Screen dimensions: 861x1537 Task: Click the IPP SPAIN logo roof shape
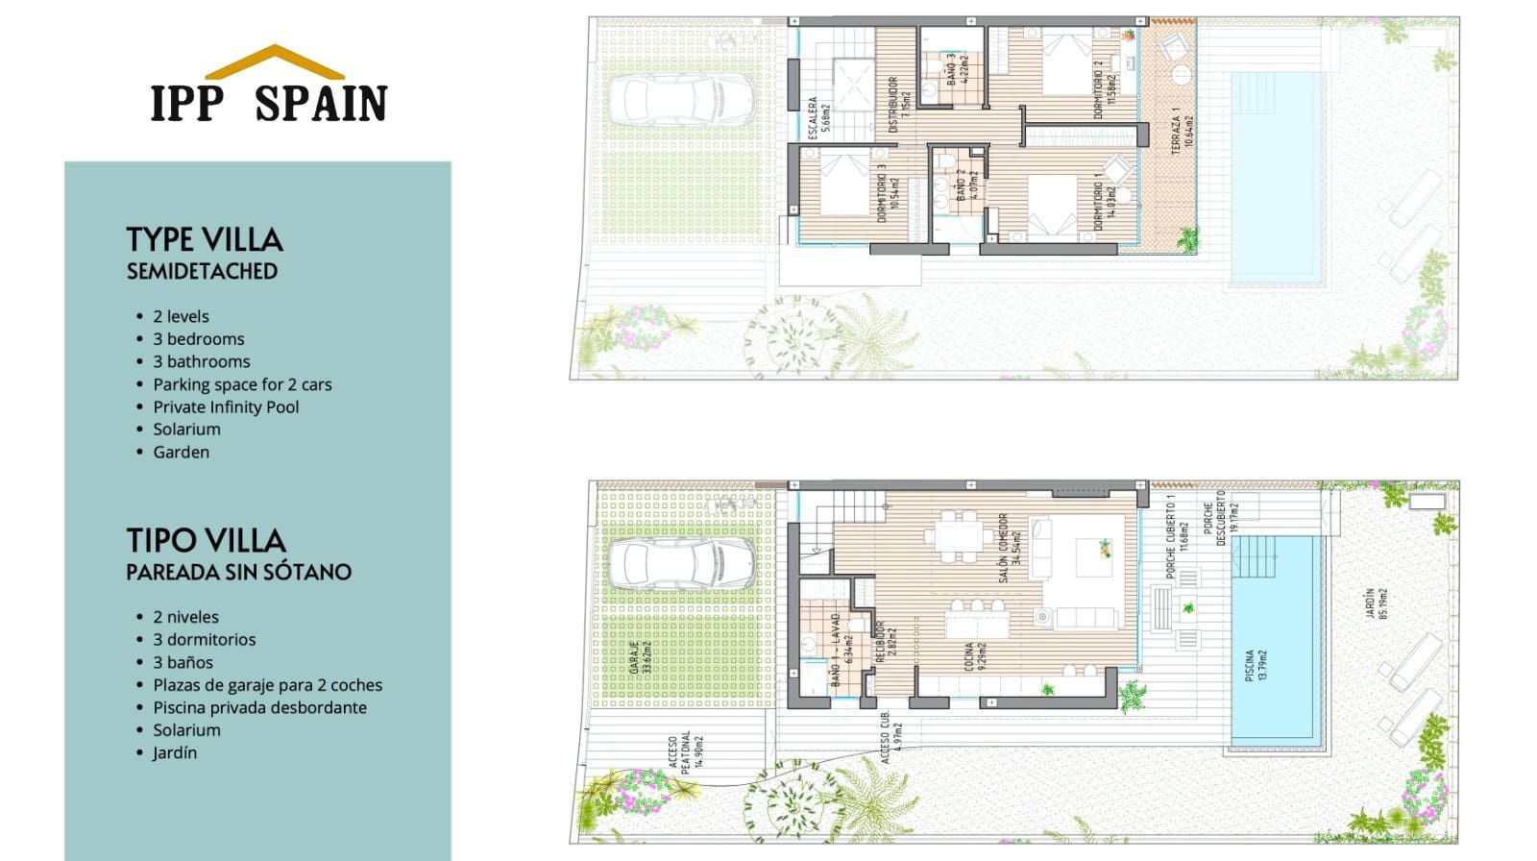[275, 61]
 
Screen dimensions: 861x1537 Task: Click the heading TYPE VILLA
[205, 239]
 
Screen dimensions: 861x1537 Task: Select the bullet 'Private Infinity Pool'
[226, 406]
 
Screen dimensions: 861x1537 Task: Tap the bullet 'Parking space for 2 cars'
[242, 384]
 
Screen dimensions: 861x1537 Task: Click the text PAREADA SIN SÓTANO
[238, 572]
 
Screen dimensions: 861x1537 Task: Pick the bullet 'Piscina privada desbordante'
[259, 707]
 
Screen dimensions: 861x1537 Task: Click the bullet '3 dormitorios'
[204, 639]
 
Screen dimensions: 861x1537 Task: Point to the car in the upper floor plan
[680, 100]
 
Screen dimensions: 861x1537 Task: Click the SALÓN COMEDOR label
[1009, 548]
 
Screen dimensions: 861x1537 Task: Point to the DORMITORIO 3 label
[889, 192]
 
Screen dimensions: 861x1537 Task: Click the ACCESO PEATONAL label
[679, 751]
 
